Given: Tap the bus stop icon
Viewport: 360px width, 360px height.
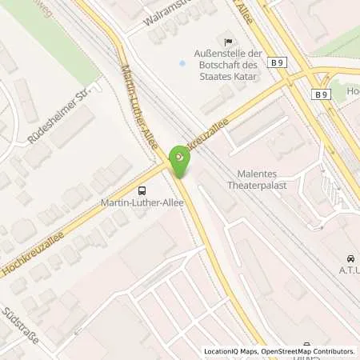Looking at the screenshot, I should tap(142, 190).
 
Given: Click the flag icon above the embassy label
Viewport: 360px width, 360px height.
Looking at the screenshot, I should tap(228, 41).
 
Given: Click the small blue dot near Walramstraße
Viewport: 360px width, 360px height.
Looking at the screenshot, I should tap(182, 62).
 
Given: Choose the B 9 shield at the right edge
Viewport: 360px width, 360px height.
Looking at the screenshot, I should tap(322, 94).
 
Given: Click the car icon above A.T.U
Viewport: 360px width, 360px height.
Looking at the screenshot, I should tap(350, 258).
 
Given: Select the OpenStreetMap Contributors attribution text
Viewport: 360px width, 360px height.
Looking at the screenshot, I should tap(314, 351).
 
